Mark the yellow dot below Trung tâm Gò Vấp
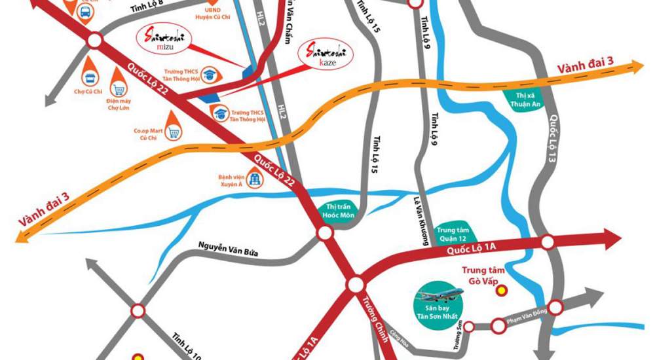click(x=502, y=290)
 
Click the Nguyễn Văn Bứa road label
click(x=227, y=248)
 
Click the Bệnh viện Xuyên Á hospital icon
click(x=254, y=179)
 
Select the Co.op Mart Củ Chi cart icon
click(x=174, y=132)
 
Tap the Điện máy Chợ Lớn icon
click(x=119, y=90)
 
